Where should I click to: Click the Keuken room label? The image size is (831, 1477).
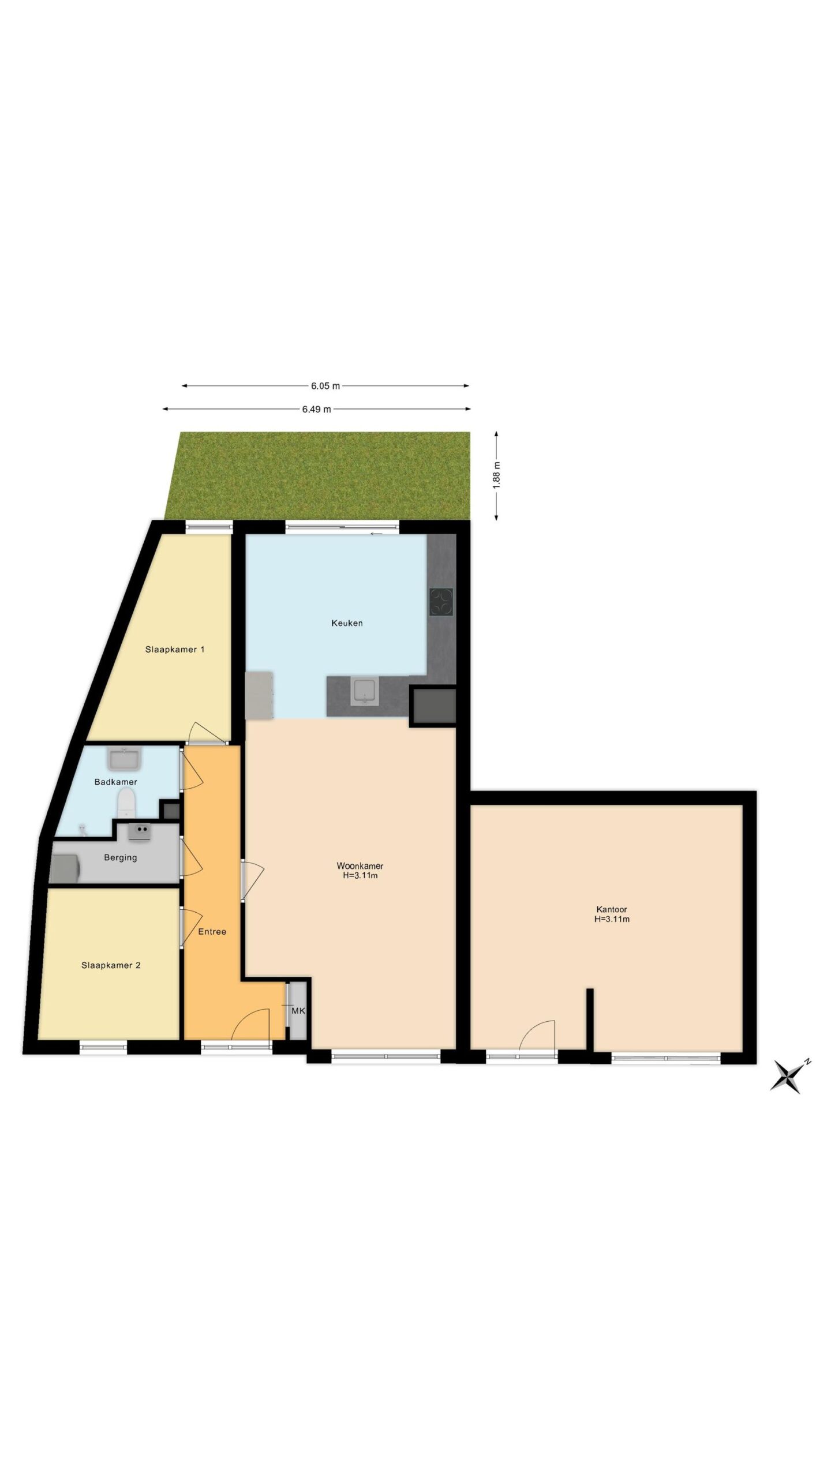pos(347,623)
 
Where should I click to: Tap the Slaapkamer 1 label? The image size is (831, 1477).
pos(175,650)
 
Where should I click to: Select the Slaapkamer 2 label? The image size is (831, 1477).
pos(111,965)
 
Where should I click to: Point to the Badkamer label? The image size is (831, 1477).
pos(116,782)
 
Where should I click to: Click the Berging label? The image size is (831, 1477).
pos(121,858)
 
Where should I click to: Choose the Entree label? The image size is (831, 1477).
pos(212,932)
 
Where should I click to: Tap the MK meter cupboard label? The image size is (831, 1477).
pos(298,1011)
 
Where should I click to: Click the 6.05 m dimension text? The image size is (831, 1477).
pos(325,386)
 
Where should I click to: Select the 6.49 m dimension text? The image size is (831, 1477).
pos(317,410)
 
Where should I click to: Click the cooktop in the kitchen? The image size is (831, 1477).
pos(441,602)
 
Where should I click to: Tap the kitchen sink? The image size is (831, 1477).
pos(365,691)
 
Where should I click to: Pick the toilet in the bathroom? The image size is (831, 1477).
pos(126,803)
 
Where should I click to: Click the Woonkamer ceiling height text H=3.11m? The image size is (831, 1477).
pos(360,875)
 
